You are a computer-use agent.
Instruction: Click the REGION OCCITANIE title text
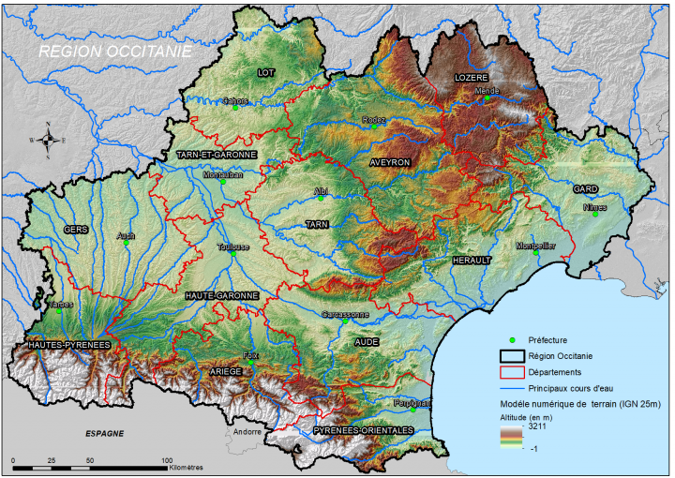pos(114,52)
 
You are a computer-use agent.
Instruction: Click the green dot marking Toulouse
pos(233,253)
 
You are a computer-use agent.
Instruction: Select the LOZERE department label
pos(472,78)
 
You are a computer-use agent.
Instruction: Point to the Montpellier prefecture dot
pos(536,252)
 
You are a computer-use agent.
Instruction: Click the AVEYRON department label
pos(390,162)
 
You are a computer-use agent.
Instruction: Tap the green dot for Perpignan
pos(413,409)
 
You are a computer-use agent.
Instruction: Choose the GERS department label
pos(75,229)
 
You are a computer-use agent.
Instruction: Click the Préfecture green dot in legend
pos(513,340)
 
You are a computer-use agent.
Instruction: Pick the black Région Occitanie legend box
pos(513,355)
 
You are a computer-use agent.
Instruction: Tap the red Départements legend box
pos(513,371)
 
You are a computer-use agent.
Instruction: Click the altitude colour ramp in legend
pos(512,436)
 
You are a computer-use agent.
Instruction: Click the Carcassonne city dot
pos(345,321)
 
